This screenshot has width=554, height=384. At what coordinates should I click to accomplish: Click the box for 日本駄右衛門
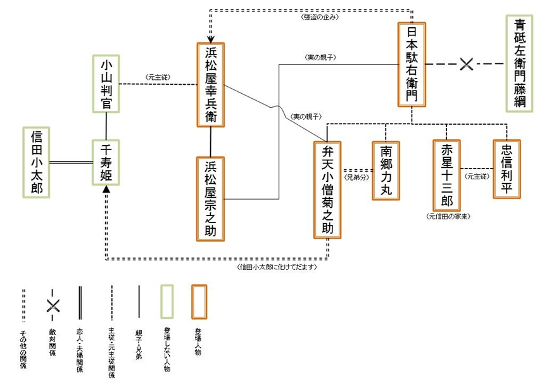(412, 65)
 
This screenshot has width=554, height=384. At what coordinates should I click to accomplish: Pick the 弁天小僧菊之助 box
(327, 190)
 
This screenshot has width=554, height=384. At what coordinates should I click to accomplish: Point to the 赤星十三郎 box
(447, 175)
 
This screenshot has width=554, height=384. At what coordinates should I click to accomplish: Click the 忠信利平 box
(507, 169)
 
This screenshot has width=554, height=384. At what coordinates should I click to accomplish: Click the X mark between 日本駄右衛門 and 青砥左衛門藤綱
(467, 64)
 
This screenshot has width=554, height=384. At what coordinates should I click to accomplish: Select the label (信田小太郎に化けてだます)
(273, 267)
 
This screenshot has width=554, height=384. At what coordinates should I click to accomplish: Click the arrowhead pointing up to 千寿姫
(106, 189)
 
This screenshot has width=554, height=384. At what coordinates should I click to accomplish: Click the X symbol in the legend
(53, 305)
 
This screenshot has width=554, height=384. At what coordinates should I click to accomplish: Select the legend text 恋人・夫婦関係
(80, 349)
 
